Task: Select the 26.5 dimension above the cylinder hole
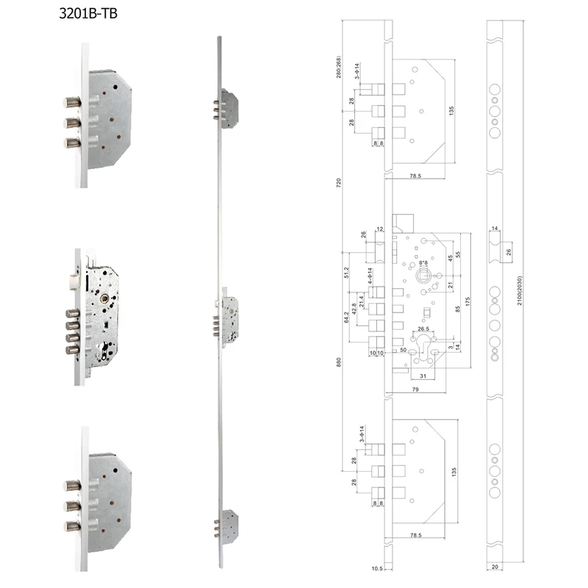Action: point(423,329)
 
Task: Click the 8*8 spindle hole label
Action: point(423,262)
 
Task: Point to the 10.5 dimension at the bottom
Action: point(376,567)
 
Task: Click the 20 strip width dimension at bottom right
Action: point(497,567)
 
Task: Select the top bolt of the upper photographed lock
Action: point(71,101)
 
